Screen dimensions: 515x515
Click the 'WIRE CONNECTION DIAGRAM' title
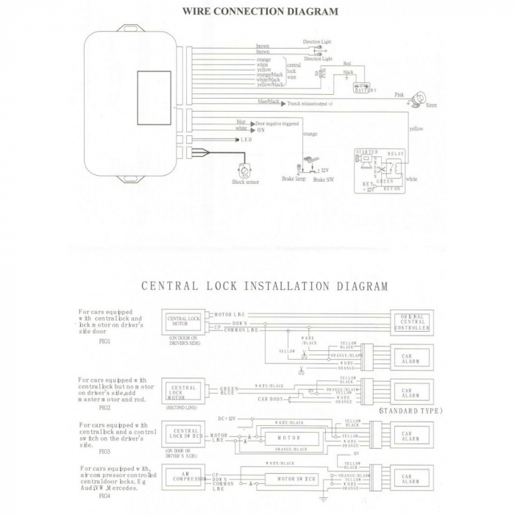[x=260, y=12]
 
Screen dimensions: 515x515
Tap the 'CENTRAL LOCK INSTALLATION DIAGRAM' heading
[x=264, y=286]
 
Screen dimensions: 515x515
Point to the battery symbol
[x=363, y=87]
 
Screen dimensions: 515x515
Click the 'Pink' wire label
[x=399, y=95]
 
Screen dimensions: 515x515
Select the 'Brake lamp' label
[x=293, y=179]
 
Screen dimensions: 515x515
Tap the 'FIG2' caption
[x=104, y=406]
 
